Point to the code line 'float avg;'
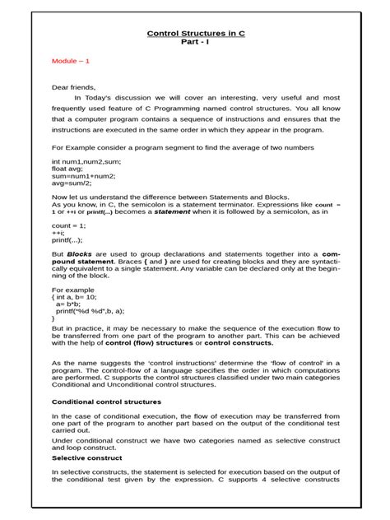[x=69, y=168]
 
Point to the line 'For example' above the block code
[x=73, y=290]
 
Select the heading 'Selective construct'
[x=87, y=457]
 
